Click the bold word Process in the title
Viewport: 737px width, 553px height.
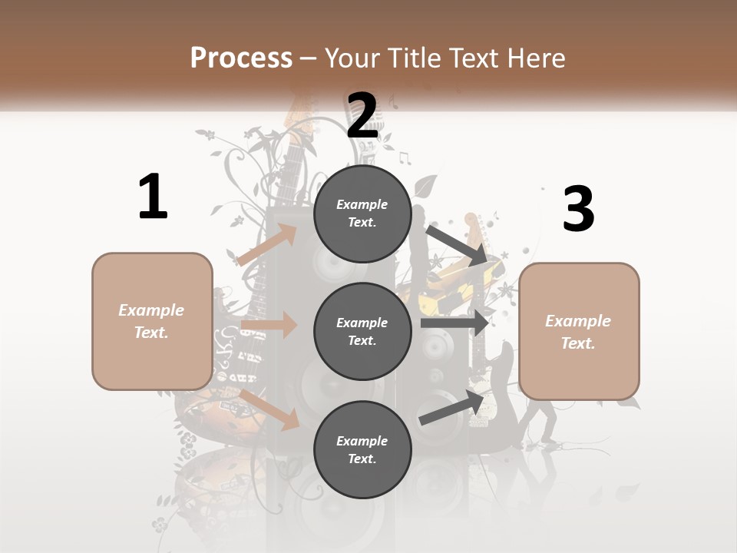click(x=241, y=58)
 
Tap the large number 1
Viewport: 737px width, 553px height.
click(x=153, y=197)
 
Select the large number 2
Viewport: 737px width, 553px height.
click(x=362, y=115)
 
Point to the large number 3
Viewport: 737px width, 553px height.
click(x=578, y=209)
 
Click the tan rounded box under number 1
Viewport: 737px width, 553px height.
click(x=152, y=321)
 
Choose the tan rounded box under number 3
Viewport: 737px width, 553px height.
click(x=579, y=332)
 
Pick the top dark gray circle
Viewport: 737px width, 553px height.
click(x=362, y=214)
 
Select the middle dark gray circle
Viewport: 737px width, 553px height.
click(x=362, y=332)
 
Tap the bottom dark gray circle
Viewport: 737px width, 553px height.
click(x=362, y=450)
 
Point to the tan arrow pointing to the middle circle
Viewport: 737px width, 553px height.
click(x=269, y=325)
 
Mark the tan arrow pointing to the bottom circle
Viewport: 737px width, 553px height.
click(x=269, y=409)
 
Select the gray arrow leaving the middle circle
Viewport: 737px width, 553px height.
click(x=454, y=323)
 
